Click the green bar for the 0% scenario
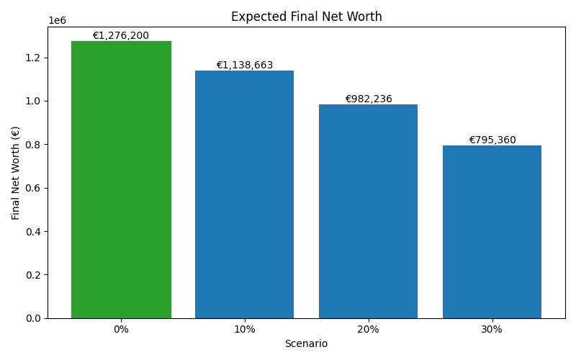coord(121,180)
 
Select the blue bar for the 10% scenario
coord(245,194)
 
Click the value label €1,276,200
coord(121,36)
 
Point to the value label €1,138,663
coord(245,66)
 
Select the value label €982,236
coord(369,99)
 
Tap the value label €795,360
coord(492,140)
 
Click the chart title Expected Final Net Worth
coord(306,17)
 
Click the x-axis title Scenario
coord(306,344)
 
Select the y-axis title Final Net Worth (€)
coord(16,173)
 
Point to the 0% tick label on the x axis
coord(121,329)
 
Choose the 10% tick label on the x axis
coord(245,329)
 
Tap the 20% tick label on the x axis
coord(369,329)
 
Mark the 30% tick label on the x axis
coord(492,329)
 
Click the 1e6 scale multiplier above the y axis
coord(57,21)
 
